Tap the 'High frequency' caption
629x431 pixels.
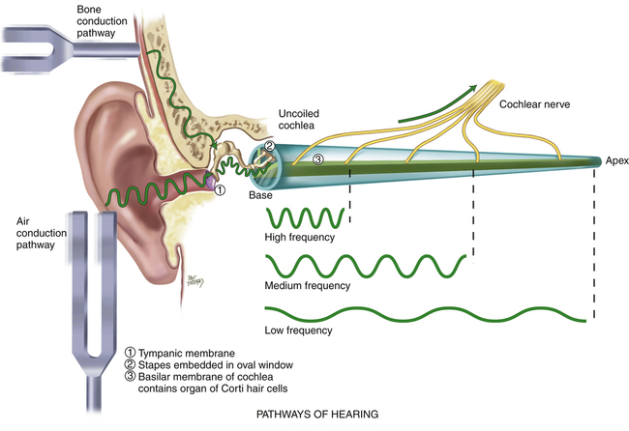coord(299,237)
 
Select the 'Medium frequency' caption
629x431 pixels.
coord(307,286)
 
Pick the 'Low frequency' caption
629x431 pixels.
coord(298,330)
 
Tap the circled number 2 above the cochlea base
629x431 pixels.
coord(271,147)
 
